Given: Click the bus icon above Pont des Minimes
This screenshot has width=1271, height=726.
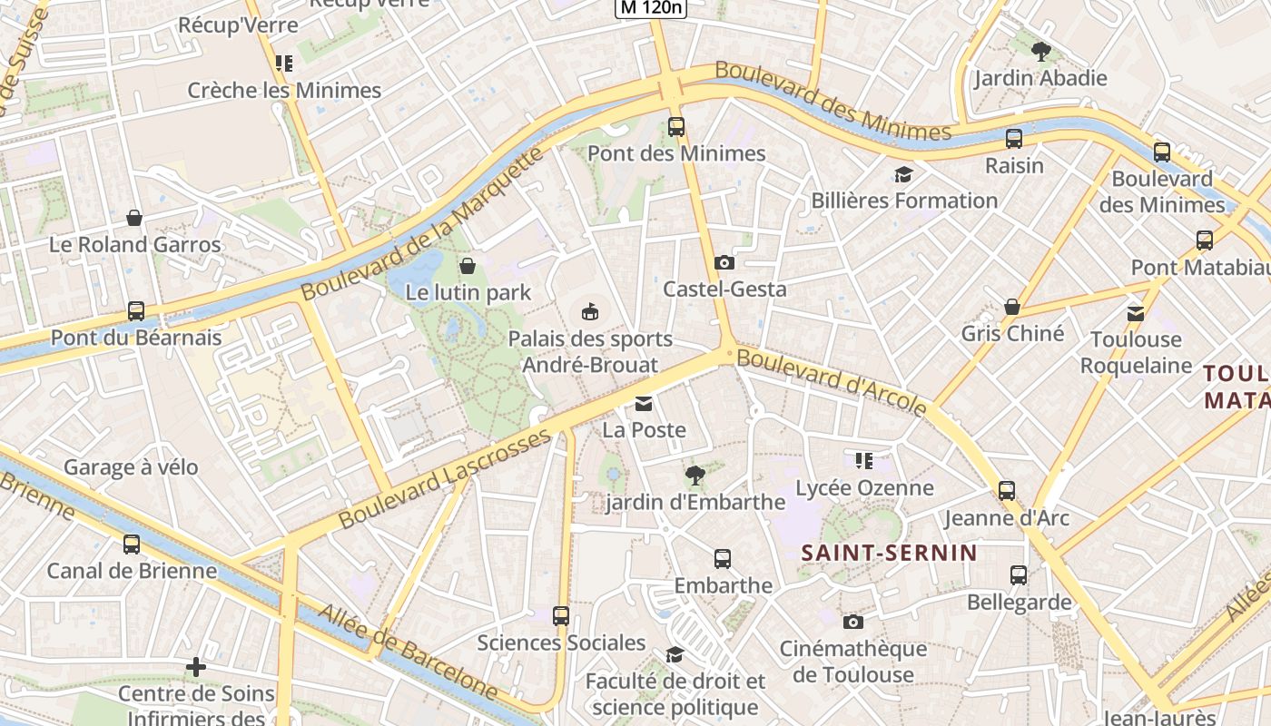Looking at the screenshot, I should [x=675, y=127].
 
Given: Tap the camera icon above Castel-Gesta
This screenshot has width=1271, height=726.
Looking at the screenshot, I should [x=724, y=263].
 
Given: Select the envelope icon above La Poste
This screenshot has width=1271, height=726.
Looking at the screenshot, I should [x=644, y=404].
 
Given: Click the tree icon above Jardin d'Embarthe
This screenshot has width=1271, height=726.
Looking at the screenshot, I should [x=695, y=475].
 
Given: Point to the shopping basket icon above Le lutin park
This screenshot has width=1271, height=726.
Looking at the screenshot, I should [x=468, y=266].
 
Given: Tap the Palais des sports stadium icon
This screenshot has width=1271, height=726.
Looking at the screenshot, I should [x=590, y=312].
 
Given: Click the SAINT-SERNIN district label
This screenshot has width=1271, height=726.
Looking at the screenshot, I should [x=889, y=553].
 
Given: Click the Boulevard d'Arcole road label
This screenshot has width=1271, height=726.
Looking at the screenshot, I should [x=832, y=381].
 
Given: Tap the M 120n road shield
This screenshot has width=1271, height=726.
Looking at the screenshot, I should [x=651, y=8].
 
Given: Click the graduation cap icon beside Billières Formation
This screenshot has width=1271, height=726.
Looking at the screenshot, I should [x=902, y=174].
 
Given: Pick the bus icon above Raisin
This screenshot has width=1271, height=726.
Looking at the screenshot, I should [x=1014, y=139].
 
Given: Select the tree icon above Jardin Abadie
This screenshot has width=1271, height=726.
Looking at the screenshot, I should [x=1040, y=52].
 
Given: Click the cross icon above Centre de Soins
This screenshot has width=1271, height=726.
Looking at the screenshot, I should [x=195, y=668].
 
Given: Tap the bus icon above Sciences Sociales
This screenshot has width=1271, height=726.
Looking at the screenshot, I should [x=561, y=615].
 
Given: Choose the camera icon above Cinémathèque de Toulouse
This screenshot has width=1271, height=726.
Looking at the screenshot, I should [x=852, y=622].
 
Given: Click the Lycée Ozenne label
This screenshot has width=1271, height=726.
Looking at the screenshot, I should [x=864, y=488].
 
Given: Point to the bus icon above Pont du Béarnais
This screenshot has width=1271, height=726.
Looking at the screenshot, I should [x=136, y=311].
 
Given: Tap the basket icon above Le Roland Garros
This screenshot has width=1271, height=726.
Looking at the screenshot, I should [x=134, y=218].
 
